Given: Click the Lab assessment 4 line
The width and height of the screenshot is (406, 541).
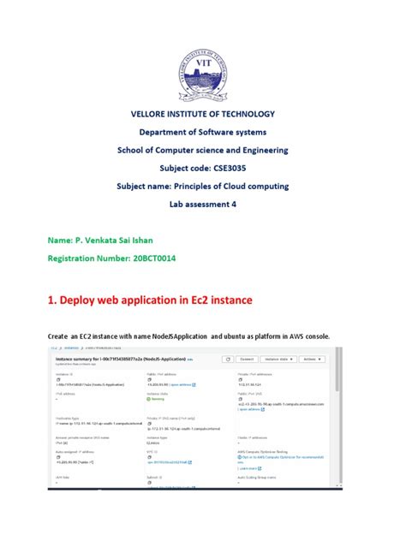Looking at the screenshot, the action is (203, 205).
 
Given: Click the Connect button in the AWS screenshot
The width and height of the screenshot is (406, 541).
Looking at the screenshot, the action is (247, 360).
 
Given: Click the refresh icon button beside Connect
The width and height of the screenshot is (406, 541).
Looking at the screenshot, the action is (225, 360).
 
